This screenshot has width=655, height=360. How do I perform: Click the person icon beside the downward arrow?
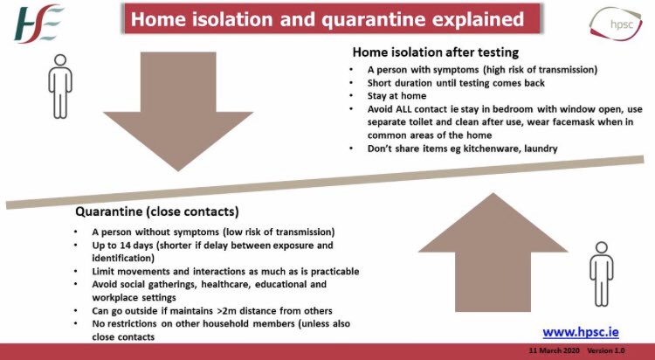pos(60,85)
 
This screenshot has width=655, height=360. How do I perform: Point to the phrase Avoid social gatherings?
pos(153,284)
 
